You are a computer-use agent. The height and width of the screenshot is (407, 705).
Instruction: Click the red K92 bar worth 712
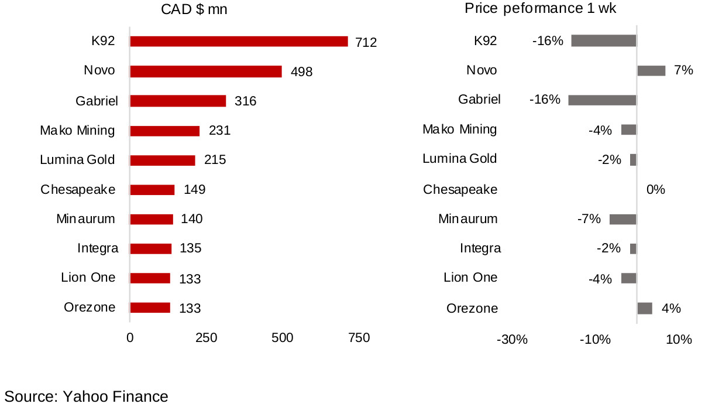point(239,41)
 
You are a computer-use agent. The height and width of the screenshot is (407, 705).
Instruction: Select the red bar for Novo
point(206,71)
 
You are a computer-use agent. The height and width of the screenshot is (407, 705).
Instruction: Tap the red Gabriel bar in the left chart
point(178,101)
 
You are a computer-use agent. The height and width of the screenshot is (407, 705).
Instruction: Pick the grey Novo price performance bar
point(651,71)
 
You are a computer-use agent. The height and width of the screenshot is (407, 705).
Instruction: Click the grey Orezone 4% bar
point(645,308)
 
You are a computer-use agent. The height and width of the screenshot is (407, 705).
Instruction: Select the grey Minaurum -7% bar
point(623,219)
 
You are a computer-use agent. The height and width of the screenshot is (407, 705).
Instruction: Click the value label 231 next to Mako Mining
point(219,131)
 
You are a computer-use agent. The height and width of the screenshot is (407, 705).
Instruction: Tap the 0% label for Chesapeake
point(655,190)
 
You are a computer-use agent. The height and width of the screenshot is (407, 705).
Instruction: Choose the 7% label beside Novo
point(683,71)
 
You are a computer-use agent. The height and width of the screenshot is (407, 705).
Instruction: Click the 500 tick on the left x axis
point(282,338)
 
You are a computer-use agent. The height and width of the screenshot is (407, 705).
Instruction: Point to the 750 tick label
point(359,338)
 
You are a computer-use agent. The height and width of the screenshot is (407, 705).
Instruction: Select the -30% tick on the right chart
point(512,340)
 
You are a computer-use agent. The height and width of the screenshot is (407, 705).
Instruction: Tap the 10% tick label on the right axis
point(679,340)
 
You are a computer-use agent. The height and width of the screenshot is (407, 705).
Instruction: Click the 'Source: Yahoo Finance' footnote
point(87,396)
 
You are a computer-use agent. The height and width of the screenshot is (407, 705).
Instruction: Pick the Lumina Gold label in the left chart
point(77,160)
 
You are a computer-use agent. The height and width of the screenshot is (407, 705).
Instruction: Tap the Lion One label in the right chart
point(470,278)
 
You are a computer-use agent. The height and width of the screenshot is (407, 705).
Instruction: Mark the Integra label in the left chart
point(98,248)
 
